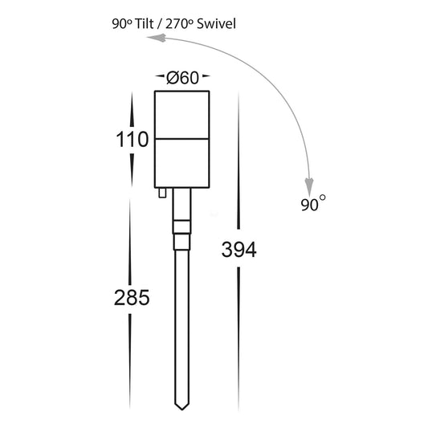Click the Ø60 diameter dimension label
(182, 78)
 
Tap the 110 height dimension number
(132, 140)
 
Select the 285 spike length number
(132, 298)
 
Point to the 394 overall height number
(238, 250)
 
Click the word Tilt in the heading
(144, 24)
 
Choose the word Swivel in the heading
(216, 24)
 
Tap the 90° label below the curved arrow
(313, 203)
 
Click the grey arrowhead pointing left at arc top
(157, 38)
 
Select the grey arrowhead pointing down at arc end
(309, 187)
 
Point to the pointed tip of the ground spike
(181, 410)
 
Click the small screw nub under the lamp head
(162, 193)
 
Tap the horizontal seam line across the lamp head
(182, 139)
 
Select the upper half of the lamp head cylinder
(182, 115)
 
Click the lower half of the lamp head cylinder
(182, 164)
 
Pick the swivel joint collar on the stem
(182, 234)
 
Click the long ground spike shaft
(181, 327)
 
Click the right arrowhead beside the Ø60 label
(206, 75)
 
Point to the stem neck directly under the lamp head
(182, 204)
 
